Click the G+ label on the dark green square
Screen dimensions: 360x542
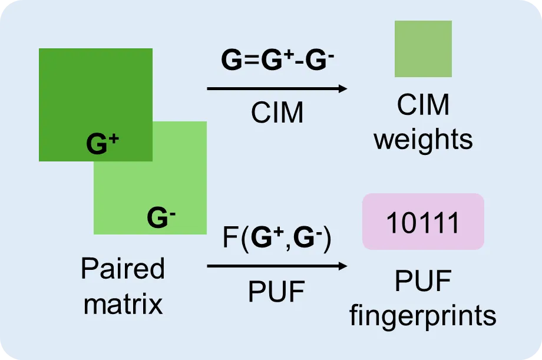point(103,144)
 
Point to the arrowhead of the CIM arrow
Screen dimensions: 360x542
point(343,89)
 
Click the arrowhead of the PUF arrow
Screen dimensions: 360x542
point(343,266)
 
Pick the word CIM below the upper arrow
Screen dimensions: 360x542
point(277,113)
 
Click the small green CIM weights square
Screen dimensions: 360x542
point(423,49)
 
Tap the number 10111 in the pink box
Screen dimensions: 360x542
point(423,223)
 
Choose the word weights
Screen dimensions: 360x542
point(423,140)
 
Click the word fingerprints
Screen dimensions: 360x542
point(423,316)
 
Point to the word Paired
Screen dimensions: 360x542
point(123,270)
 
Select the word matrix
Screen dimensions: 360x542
point(123,305)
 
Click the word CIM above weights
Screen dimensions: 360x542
point(423,106)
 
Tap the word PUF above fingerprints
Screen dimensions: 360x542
point(423,283)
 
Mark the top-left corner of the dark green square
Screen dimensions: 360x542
point(39,49)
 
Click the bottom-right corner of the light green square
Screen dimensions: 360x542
point(206,234)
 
